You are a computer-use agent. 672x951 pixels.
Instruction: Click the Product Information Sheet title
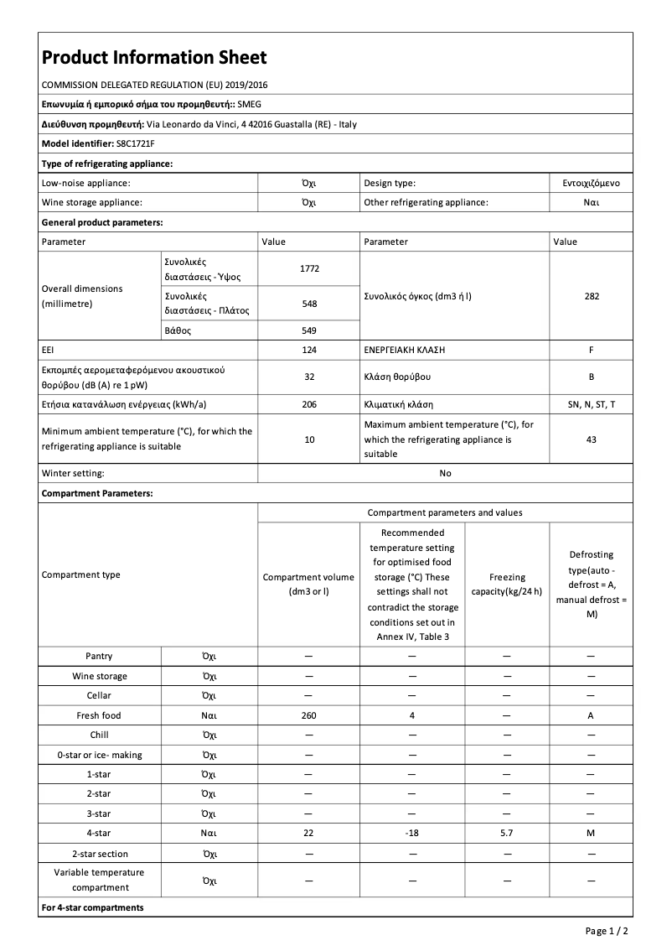pos(154,58)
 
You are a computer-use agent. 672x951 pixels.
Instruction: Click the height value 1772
pos(309,268)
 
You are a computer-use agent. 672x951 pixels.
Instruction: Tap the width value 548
pos(309,304)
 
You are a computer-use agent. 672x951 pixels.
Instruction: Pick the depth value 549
pos(309,330)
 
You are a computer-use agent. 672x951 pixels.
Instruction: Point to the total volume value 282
pos(592,296)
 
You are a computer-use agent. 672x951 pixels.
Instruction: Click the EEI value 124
pos(309,348)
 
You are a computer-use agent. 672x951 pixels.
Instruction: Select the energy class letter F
pos(592,348)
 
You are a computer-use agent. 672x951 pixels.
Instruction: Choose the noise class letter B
pos(592,377)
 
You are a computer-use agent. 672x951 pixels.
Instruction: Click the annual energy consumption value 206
pos(309,404)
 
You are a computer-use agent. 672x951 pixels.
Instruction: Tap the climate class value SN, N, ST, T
pos(592,404)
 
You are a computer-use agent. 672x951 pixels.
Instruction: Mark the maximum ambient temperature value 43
pos(592,439)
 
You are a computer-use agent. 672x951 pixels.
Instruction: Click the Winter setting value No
pos(445,473)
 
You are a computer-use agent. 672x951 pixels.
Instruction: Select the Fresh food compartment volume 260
pos(308,715)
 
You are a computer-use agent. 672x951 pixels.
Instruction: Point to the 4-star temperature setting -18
pos(412,834)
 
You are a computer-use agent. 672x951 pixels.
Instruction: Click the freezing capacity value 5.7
pos(507,834)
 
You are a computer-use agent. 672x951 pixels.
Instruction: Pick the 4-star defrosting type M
pos(591,834)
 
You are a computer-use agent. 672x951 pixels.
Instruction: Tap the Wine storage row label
pos(100,676)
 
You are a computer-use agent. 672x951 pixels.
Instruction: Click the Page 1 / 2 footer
pos(606,931)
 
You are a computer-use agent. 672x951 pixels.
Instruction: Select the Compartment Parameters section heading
pos(97,493)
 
